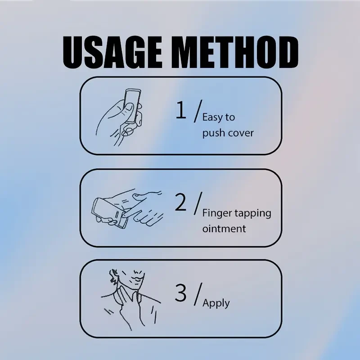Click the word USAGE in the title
[113, 52]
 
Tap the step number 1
[181, 110]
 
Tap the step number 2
[180, 202]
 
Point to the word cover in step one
[241, 133]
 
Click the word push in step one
[213, 133]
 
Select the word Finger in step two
[217, 213]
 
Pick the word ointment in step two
[224, 229]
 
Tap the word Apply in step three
[216, 303]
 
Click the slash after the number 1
[198, 111]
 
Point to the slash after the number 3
[198, 294]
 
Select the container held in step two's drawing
[110, 212]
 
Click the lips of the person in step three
[137, 279]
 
